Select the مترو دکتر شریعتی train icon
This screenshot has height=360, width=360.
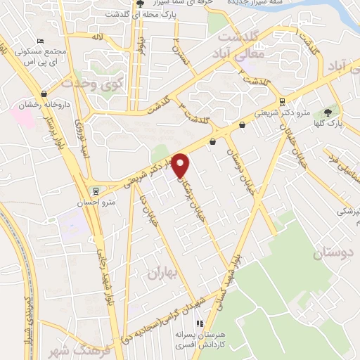pyautogui.click(x=282, y=101)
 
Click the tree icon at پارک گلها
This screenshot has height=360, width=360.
pyautogui.click(x=328, y=113)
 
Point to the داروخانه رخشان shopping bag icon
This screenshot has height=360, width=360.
pyautogui.click(x=45, y=93)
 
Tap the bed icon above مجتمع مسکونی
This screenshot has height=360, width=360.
pyautogui.click(x=40, y=41)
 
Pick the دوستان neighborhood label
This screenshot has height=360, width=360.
pyautogui.click(x=335, y=252)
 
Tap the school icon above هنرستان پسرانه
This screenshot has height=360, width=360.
pyautogui.click(x=199, y=323)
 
